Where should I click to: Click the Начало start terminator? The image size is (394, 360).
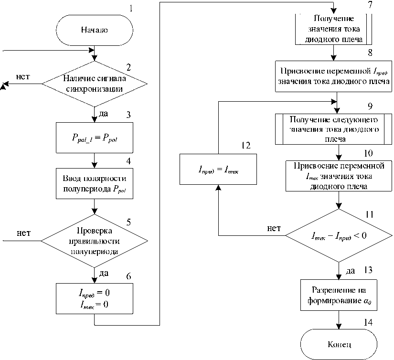pyautogui.click(x=94, y=30)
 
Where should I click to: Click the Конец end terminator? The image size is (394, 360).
pyautogui.click(x=339, y=344)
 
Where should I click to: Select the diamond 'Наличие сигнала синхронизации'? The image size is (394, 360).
pyautogui.click(x=95, y=84)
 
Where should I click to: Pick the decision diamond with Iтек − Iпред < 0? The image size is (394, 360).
pyautogui.click(x=339, y=234)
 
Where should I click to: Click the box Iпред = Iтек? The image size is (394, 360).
pyautogui.click(x=218, y=169)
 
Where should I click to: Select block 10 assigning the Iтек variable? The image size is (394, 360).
pyautogui.click(x=339, y=176)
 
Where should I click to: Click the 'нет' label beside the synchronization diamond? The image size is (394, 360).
pyautogui.click(x=24, y=76)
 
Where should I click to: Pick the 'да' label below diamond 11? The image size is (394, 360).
pyautogui.click(x=351, y=271)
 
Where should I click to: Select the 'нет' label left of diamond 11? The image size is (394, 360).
pyautogui.click(x=274, y=228)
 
